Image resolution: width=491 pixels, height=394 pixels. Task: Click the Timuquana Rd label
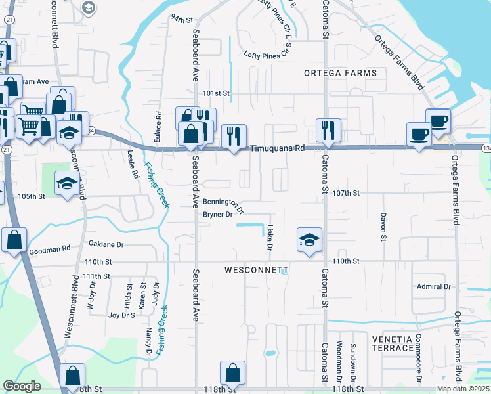tap(278, 148)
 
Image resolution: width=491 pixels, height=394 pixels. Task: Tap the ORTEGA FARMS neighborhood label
tap(340, 73)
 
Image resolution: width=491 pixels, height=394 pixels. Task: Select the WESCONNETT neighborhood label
tap(257, 270)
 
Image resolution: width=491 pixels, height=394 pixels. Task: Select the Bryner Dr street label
tap(218, 215)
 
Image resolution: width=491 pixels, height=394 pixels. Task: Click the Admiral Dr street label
tap(434, 286)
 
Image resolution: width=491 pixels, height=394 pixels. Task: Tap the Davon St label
tap(383, 227)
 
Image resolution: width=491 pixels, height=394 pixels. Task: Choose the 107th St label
tap(347, 193)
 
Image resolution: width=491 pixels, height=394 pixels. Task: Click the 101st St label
tap(216, 93)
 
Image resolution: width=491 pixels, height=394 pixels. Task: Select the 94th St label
tap(179, 18)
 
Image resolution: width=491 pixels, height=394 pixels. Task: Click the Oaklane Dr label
tap(106, 244)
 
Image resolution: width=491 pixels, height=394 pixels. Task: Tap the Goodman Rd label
tap(49, 250)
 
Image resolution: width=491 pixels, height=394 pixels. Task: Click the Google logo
tap(22, 386)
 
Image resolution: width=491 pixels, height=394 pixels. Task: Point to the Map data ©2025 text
tap(463, 389)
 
